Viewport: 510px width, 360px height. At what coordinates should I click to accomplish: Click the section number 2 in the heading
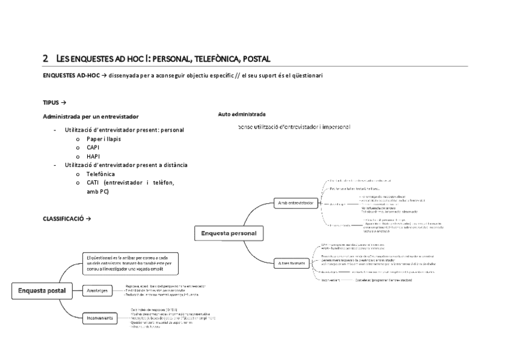(x=46, y=59)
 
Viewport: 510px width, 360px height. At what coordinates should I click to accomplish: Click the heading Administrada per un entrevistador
(x=91, y=116)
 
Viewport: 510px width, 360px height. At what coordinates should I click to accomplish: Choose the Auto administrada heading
(x=242, y=114)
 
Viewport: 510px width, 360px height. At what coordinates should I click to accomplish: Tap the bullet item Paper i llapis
(x=103, y=139)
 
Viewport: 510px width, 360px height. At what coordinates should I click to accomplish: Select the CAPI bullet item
(x=93, y=148)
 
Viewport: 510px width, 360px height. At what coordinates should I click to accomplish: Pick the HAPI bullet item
(x=93, y=156)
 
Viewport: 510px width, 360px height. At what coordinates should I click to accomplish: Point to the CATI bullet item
(x=93, y=183)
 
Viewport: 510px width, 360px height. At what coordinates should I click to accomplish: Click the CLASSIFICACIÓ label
(x=65, y=218)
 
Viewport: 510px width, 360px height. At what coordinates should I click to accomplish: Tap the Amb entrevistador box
(x=295, y=203)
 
